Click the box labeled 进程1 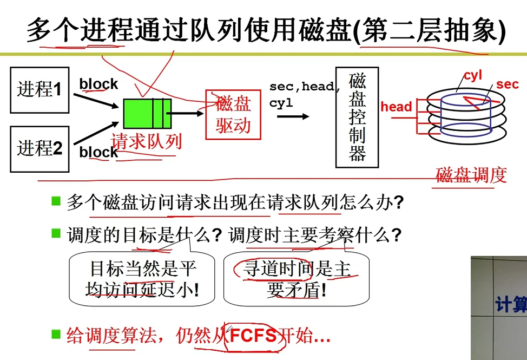click(x=40, y=89)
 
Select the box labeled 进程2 click(x=40, y=148)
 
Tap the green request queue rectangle click(x=147, y=113)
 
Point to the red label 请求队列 click(x=146, y=141)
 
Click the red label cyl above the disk click(x=472, y=75)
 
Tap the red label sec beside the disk click(x=507, y=84)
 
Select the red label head click(x=396, y=107)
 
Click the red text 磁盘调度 click(x=471, y=175)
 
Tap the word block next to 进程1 click(x=98, y=84)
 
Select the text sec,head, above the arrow click(x=305, y=86)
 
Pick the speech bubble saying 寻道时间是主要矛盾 click(x=297, y=279)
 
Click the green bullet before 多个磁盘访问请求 click(x=56, y=202)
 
